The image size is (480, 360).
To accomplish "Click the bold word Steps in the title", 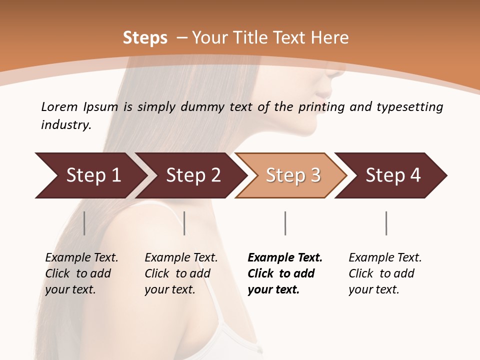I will point(145,38).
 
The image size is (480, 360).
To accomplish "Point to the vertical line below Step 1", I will point(84,223).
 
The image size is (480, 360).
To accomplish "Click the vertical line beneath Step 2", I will point(184,223).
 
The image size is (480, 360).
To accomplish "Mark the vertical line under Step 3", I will point(285,223).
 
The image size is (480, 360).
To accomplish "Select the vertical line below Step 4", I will point(386,223).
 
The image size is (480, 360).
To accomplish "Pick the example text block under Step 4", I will point(385,273).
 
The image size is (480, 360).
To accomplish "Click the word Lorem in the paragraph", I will point(59,106).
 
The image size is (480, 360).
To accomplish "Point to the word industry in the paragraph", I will point(66,125).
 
